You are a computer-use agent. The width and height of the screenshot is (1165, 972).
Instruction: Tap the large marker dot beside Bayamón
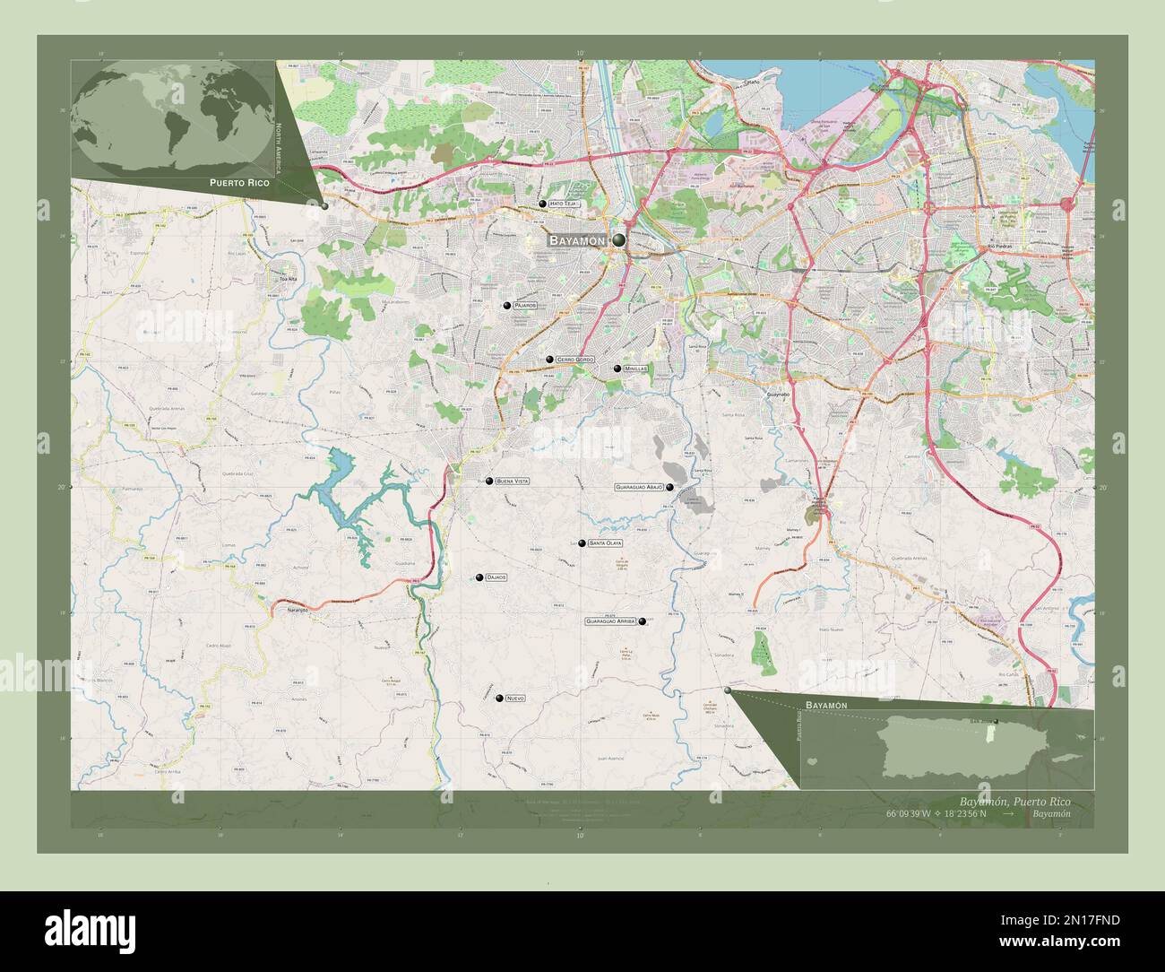click(x=619, y=239)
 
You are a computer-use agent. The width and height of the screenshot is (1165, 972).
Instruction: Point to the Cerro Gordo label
click(x=575, y=360)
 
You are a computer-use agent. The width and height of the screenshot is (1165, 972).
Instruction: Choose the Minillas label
click(x=636, y=369)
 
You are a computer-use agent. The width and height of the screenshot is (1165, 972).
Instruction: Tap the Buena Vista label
click(x=513, y=482)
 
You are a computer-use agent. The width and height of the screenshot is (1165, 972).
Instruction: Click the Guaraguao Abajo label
click(x=639, y=487)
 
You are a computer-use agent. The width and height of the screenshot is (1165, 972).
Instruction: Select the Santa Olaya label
click(x=606, y=543)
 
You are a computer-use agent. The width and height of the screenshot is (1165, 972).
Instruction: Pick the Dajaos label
click(x=496, y=577)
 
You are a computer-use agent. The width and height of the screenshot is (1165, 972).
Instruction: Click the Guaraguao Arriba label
click(x=610, y=621)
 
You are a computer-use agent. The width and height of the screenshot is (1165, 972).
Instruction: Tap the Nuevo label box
click(x=514, y=698)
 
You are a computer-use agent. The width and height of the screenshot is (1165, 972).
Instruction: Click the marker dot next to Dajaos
click(x=479, y=577)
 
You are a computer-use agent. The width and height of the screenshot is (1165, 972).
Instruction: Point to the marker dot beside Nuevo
click(x=499, y=698)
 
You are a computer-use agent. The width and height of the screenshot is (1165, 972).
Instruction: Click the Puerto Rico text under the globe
click(x=238, y=182)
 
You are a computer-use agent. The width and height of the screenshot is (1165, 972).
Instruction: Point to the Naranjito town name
click(x=297, y=610)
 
